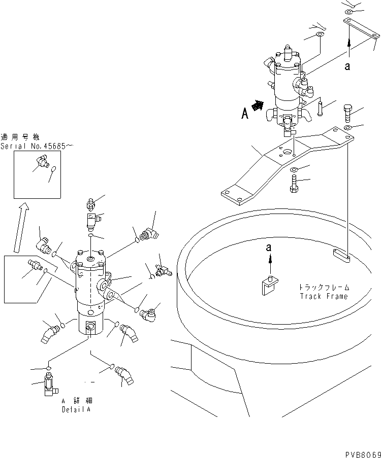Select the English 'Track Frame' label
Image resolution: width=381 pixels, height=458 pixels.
[324, 296]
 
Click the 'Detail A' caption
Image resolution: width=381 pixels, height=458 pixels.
[76, 409]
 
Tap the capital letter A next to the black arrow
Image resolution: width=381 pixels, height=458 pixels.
[245, 114]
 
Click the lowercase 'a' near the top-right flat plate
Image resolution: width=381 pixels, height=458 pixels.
[347, 66]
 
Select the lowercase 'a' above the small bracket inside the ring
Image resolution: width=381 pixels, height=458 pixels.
[269, 248]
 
